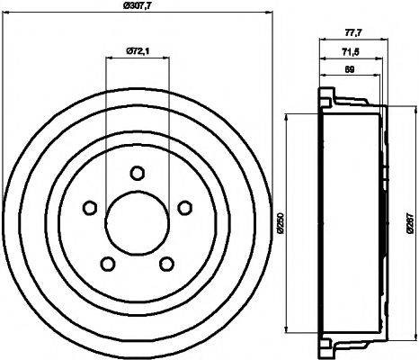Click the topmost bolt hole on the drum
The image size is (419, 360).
click(138, 174)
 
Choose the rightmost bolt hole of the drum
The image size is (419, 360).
click(184, 208)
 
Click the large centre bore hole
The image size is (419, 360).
click(138, 223)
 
